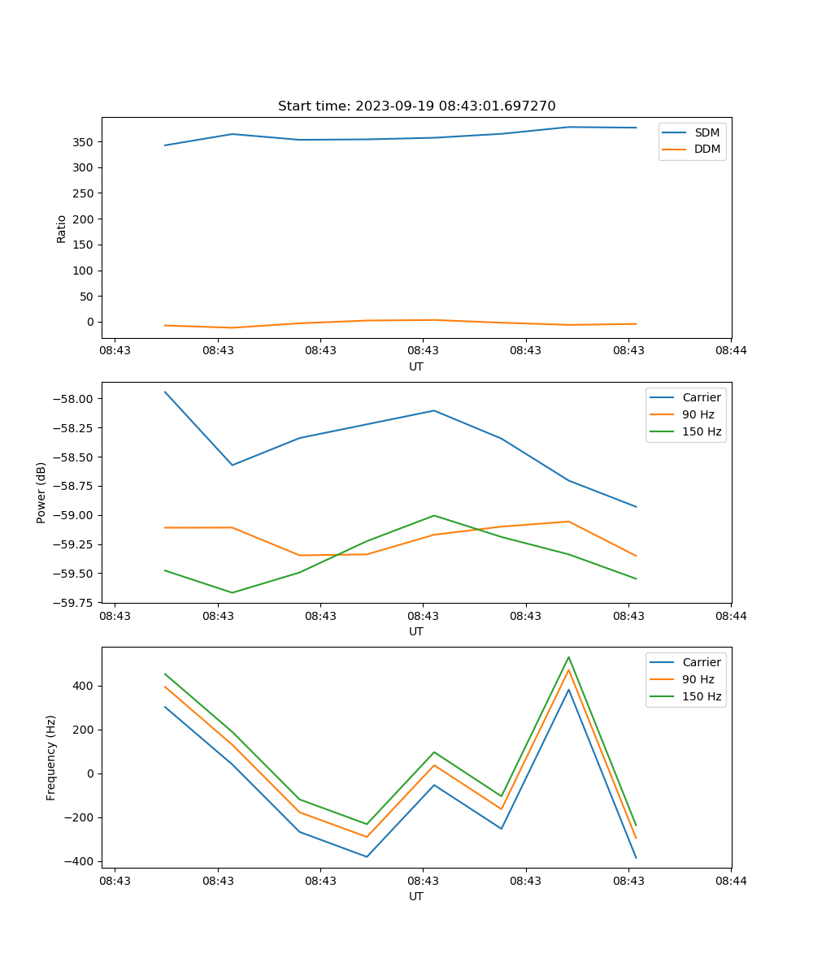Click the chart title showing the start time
(416, 106)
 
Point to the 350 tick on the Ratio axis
(84, 142)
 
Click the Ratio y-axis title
(62, 228)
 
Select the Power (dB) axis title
(41, 492)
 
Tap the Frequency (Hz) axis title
(51, 757)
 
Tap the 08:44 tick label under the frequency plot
(731, 880)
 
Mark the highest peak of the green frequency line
(568, 657)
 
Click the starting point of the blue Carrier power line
(165, 392)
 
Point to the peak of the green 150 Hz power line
(434, 515)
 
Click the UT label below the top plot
(416, 366)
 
